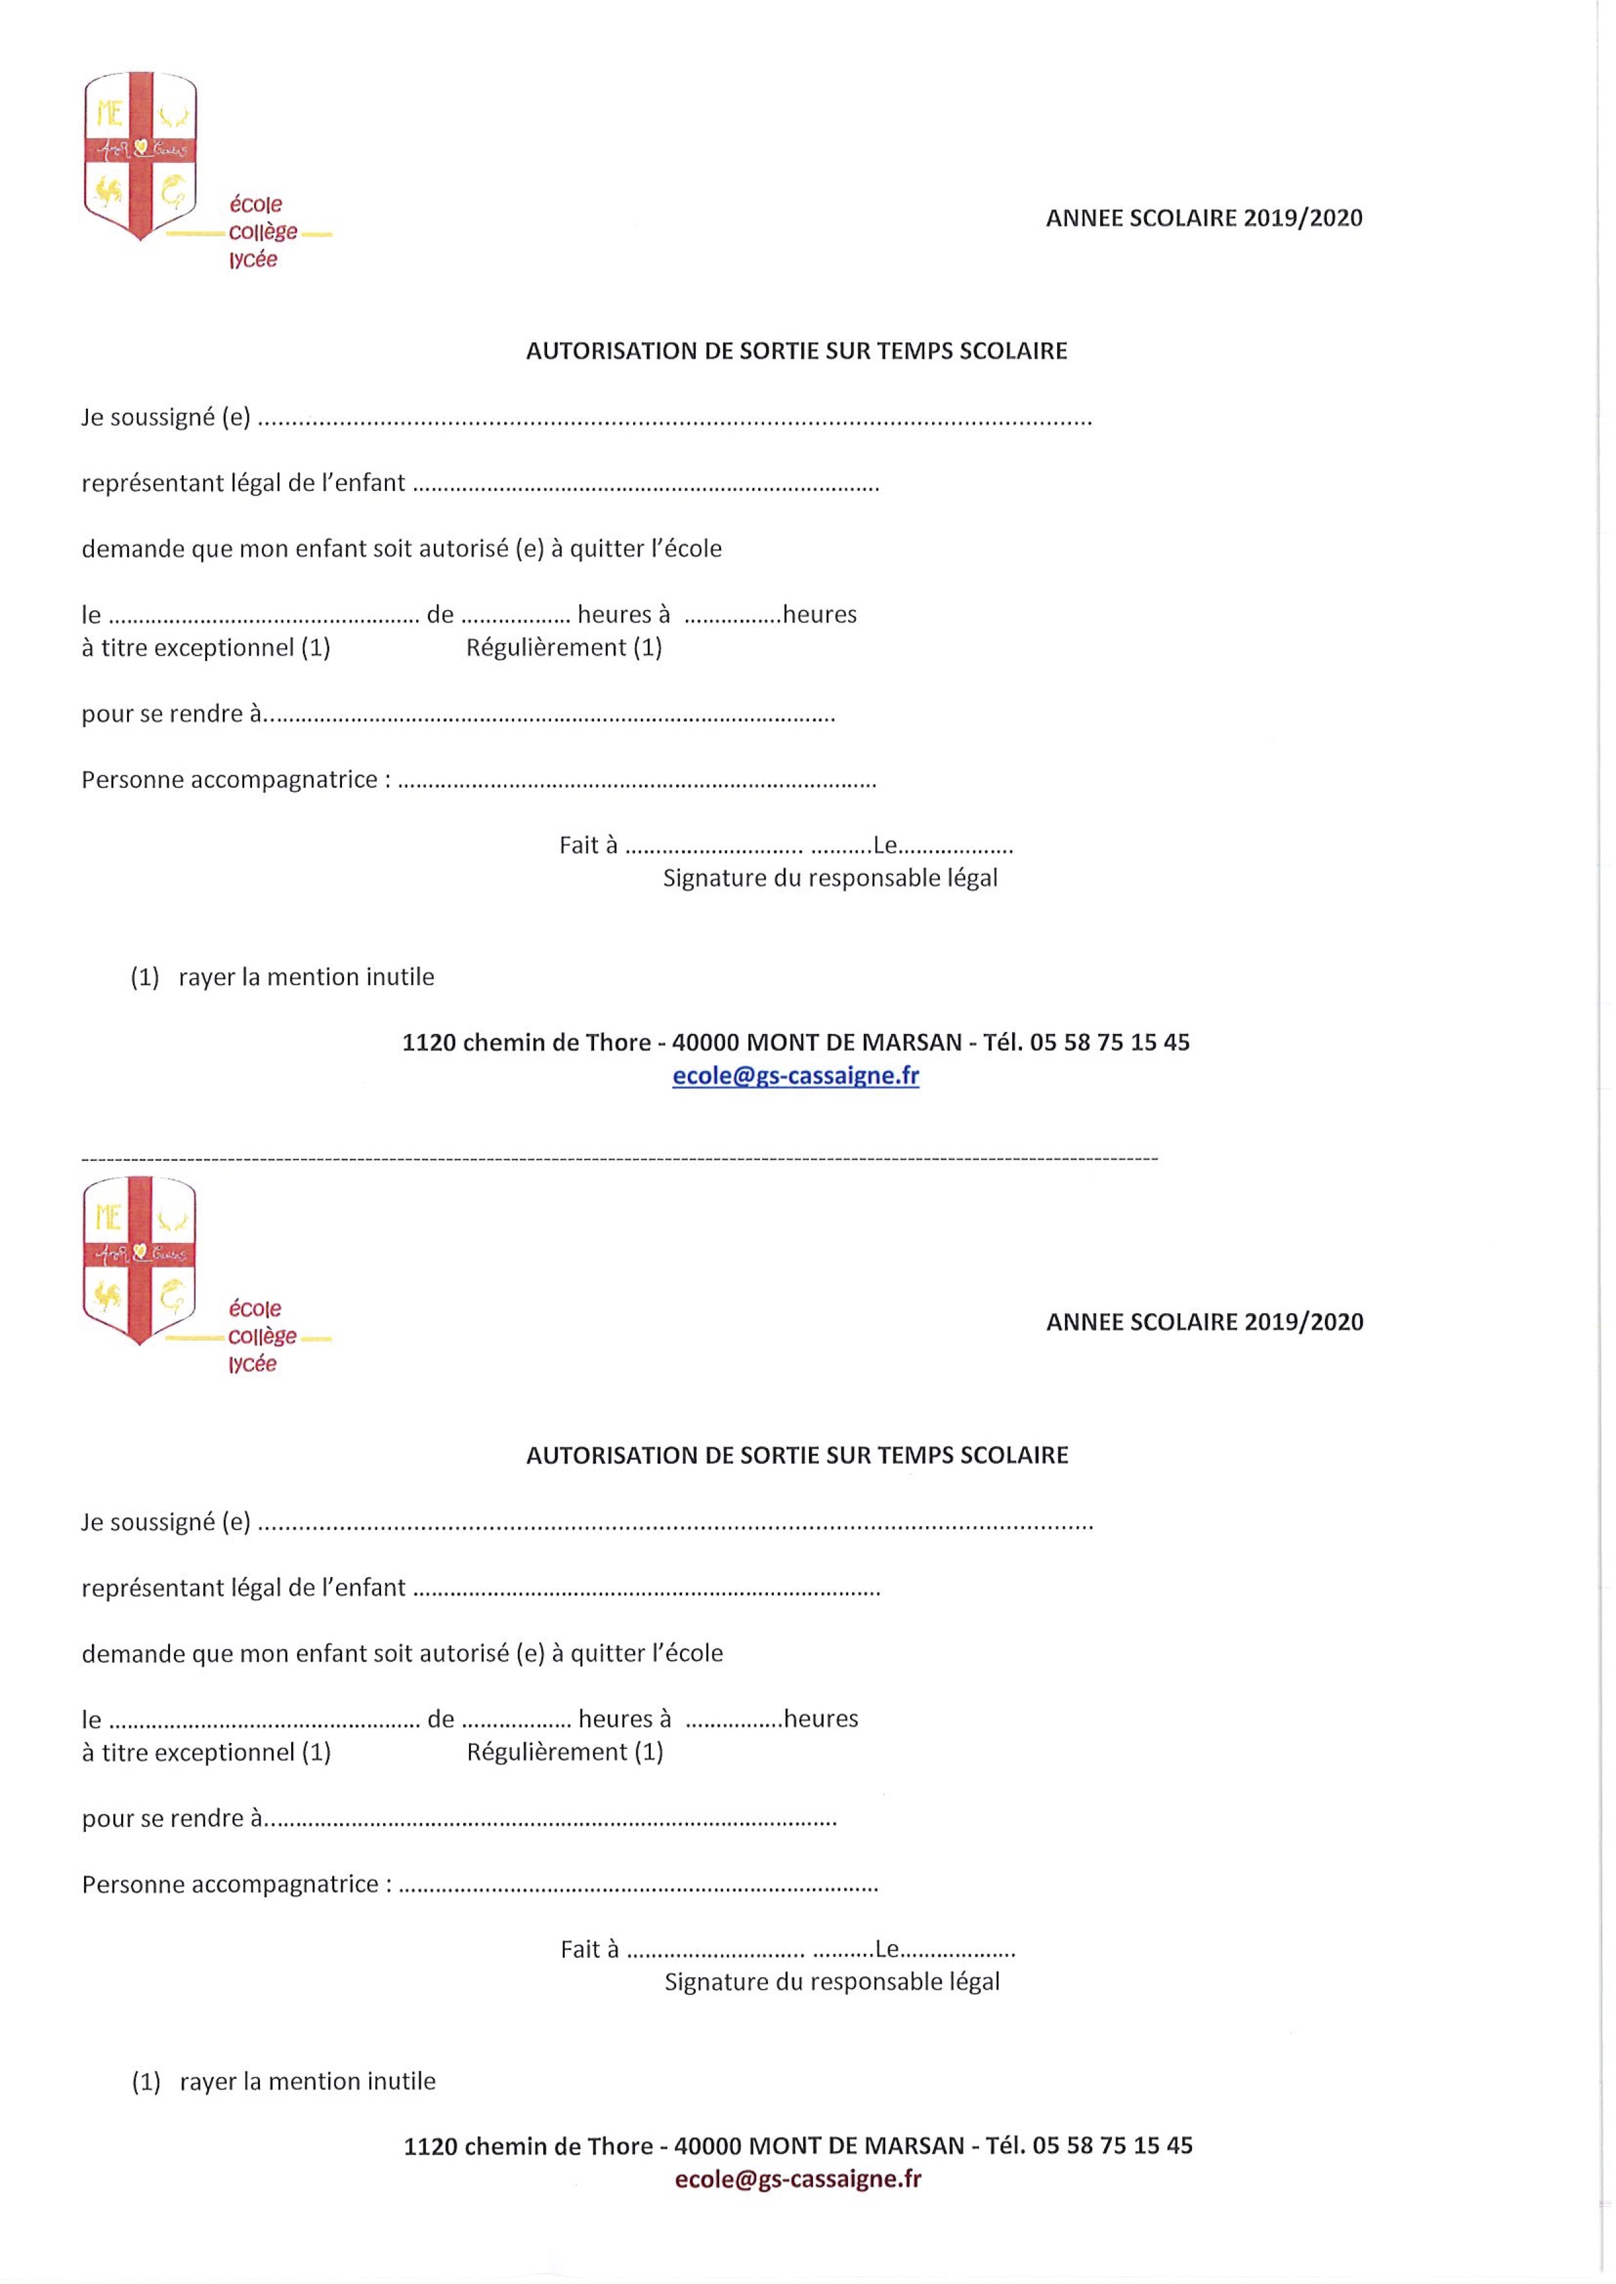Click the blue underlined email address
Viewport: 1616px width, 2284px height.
[x=795, y=1076]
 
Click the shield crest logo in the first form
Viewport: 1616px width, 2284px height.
[x=140, y=154]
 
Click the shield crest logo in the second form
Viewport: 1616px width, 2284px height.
[x=140, y=1259]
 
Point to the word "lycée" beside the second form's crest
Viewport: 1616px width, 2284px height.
[x=253, y=1364]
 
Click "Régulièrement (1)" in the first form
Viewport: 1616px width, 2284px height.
[x=564, y=648]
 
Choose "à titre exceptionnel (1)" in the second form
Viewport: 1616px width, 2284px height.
[x=206, y=1752]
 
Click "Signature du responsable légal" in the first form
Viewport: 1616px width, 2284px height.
[x=830, y=878]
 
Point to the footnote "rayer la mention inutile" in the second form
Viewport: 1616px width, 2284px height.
[x=307, y=2081]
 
